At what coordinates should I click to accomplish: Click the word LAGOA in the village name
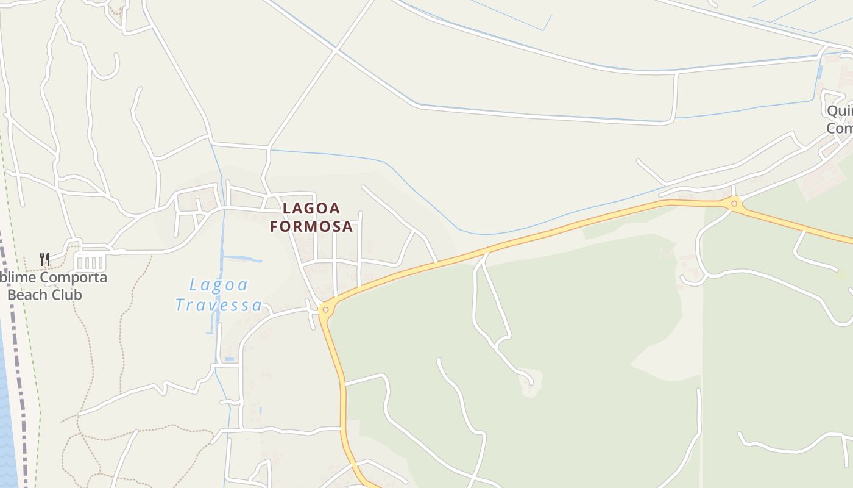[311, 209]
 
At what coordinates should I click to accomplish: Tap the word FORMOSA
[311, 226]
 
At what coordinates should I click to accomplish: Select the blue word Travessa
[219, 305]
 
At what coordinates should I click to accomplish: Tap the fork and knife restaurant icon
[44, 259]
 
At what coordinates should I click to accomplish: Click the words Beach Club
[44, 295]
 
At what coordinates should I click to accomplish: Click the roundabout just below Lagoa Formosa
[325, 310]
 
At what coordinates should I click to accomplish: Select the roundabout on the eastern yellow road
[734, 204]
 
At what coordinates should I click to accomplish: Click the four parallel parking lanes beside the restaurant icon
[90, 263]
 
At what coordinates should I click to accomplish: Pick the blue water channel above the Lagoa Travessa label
[241, 259]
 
